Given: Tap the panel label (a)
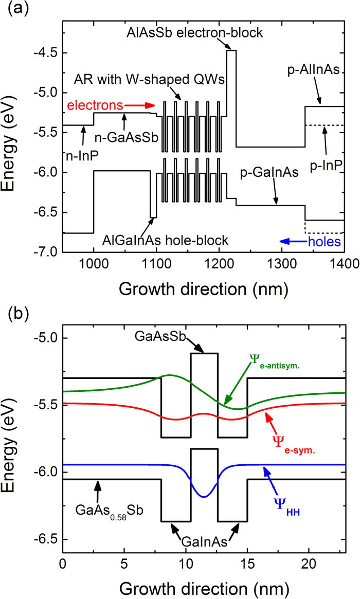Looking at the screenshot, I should (14, 9).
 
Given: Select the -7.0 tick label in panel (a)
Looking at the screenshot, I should (45, 252).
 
